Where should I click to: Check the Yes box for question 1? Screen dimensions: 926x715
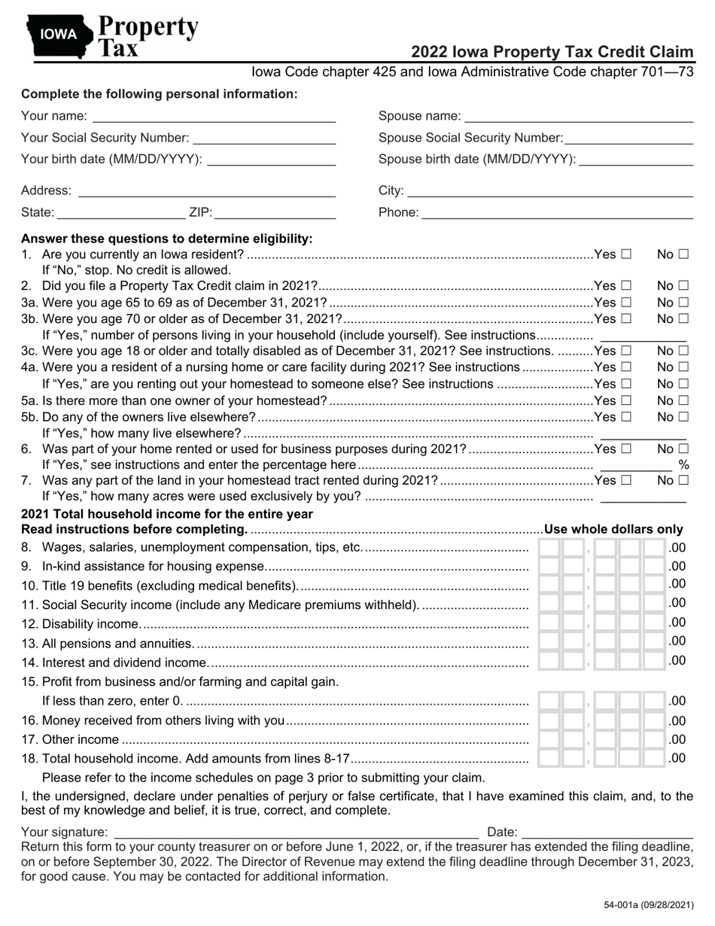point(626,254)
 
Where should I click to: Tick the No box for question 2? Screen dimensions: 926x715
point(683,286)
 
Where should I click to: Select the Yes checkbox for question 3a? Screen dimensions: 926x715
point(626,302)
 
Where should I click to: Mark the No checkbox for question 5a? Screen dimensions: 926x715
point(683,401)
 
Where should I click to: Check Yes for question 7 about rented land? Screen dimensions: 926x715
point(626,480)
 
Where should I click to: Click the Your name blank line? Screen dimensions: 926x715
point(214,117)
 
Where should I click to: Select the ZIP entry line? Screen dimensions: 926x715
point(275,213)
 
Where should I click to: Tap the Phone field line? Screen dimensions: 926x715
point(557,213)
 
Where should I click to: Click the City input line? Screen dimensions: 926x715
point(549,191)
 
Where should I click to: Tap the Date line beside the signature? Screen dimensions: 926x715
point(607,833)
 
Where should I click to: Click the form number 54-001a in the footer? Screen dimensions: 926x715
point(648,905)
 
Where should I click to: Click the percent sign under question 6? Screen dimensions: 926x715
point(683,465)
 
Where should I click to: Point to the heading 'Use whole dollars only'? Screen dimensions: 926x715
point(613,529)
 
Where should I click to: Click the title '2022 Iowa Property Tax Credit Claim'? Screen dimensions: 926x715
point(552,52)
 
